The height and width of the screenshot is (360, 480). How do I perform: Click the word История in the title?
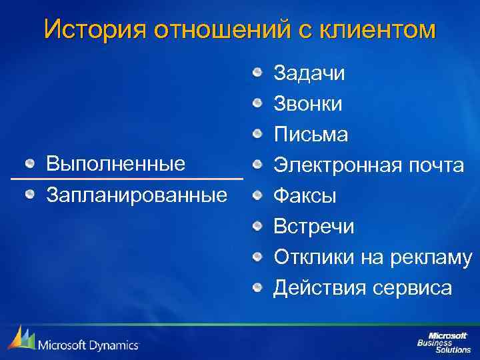pos(93,29)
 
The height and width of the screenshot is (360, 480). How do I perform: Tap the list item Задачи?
pos(309,73)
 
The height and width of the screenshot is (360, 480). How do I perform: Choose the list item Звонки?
pos(308,104)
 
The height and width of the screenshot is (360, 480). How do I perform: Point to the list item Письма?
pos(311,135)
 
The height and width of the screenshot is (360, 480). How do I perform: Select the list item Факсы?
pos(305,196)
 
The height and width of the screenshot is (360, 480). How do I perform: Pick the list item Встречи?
pos(314,227)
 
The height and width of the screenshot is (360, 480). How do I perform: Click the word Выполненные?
pos(115,164)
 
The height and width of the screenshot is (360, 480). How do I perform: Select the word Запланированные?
pos(136,195)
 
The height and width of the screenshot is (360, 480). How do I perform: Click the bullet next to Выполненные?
pos(29,164)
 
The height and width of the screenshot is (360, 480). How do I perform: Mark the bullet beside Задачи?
pos(258,73)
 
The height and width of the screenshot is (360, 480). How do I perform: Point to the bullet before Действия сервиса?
pos(258,288)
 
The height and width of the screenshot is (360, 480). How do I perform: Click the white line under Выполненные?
pos(127,179)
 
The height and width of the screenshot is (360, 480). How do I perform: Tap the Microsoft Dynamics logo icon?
pos(21,338)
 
